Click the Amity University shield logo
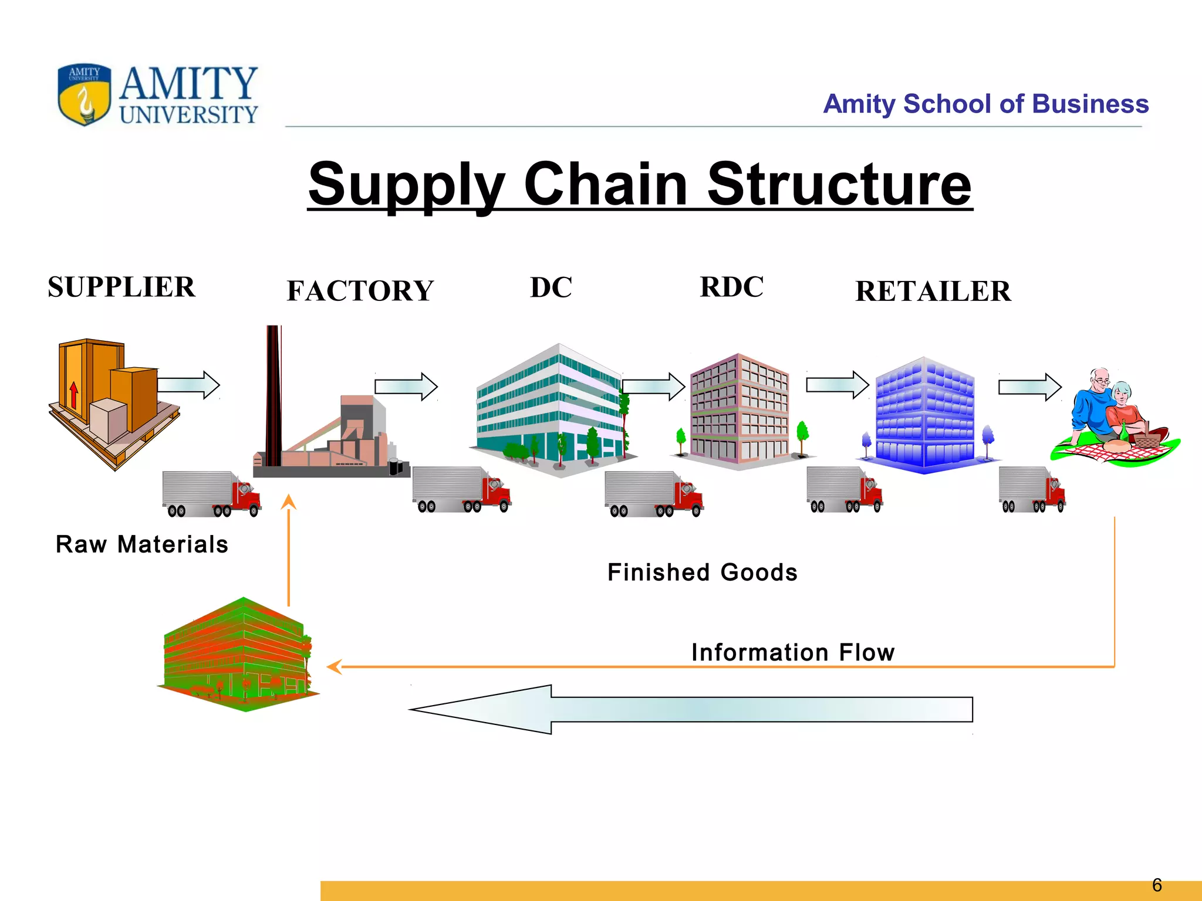85,94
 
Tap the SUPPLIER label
121,287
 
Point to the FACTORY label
360,291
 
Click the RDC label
732,287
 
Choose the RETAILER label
933,292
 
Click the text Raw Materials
142,544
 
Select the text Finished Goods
703,573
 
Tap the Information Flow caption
793,652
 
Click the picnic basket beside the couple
1145,437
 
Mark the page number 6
1157,885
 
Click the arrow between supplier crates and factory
188,385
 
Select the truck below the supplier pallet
211,494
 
